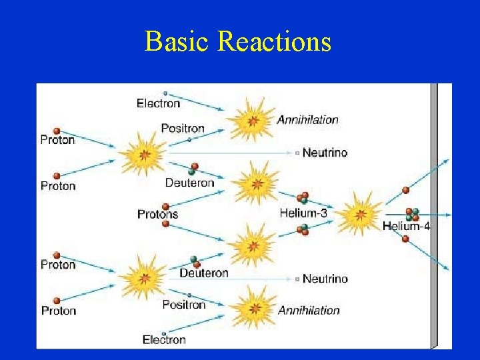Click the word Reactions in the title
pyautogui.click(x=274, y=41)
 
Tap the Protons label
pyautogui.click(x=158, y=214)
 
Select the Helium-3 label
pyautogui.click(x=303, y=213)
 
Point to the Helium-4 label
pyautogui.click(x=405, y=226)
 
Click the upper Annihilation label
pyautogui.click(x=307, y=120)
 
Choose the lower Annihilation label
pyautogui.click(x=309, y=310)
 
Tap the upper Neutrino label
pyautogui.click(x=325, y=153)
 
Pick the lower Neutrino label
pyautogui.click(x=325, y=279)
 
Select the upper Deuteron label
pyautogui.click(x=190, y=183)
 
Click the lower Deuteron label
pyautogui.click(x=203, y=273)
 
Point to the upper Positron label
pyautogui.click(x=183, y=128)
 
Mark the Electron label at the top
pyautogui.click(x=158, y=103)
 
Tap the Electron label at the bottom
pyautogui.click(x=165, y=340)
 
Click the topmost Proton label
pyautogui.click(x=57, y=140)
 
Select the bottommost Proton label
pyautogui.click(x=59, y=311)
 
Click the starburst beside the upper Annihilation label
pyautogui.click(x=251, y=120)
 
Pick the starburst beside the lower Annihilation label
pyautogui.click(x=253, y=307)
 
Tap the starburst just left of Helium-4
pyautogui.click(x=360, y=214)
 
